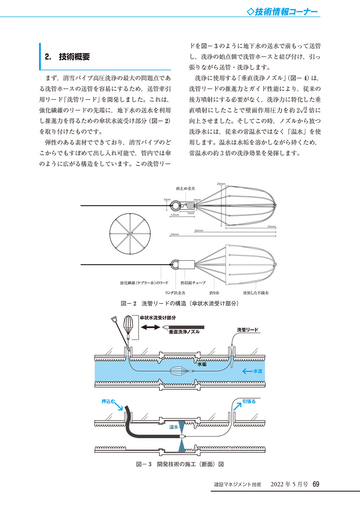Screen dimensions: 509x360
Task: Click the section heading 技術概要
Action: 74,57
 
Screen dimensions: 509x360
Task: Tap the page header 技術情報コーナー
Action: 283,12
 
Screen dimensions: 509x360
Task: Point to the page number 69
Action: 316,484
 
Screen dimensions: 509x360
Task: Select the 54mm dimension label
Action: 175,234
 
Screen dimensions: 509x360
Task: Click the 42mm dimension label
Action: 199,230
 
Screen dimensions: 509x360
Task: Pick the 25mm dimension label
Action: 271,227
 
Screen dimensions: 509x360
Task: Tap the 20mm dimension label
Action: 221,184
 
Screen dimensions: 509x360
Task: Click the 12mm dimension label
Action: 175,215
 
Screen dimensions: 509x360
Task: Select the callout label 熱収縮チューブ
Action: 193,283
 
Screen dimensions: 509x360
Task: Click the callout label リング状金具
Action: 175,293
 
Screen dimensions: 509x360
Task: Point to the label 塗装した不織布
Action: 256,293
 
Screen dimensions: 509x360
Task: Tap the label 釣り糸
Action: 214,293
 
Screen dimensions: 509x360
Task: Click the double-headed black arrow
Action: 150,327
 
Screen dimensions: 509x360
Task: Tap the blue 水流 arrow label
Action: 253,371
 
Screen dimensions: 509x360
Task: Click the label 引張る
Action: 249,401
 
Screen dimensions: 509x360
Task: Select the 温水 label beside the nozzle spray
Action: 174,427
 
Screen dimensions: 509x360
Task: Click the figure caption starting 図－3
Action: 180,464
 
